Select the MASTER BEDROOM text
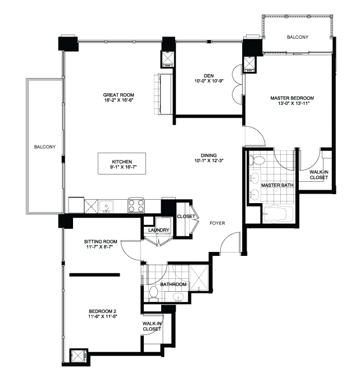pos(291,98)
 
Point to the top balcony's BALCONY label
pos(297,37)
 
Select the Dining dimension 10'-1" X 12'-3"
pos(209,162)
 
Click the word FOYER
pos(217,223)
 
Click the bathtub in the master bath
pos(278,214)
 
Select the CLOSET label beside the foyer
pos(185,216)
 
